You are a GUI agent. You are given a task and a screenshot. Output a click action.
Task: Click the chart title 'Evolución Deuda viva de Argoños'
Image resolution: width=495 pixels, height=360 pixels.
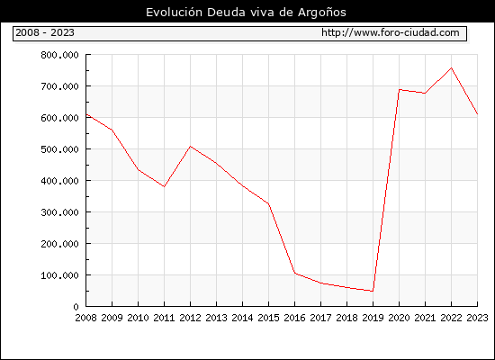246,13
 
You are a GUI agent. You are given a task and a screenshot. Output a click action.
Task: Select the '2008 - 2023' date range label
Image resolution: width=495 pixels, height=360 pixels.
45,32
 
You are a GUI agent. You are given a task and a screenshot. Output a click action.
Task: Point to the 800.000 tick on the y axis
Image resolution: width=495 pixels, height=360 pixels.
59,55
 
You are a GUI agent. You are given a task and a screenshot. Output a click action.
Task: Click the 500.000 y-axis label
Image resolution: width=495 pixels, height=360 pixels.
59,149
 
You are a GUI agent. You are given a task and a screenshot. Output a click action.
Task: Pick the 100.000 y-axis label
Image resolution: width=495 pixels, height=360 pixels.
59,275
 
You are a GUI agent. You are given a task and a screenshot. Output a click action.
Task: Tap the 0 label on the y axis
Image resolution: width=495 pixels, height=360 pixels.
76,307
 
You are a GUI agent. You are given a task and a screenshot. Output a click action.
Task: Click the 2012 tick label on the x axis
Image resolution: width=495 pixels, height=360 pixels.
190,318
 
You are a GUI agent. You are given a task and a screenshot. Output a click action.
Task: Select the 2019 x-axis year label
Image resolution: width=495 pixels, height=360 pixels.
373,318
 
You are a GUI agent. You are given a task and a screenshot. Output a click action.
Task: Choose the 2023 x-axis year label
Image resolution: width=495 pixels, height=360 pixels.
477,318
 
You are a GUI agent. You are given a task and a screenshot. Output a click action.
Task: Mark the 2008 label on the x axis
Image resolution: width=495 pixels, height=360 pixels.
85,318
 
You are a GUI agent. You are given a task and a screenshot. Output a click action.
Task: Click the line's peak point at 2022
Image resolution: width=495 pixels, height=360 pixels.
452,67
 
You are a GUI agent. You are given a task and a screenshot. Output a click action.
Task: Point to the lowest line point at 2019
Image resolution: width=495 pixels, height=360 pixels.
373,292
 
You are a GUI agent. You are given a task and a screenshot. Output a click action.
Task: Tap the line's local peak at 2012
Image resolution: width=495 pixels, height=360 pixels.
191,147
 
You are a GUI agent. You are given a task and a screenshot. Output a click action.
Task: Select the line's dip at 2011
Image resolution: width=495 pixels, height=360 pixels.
164,186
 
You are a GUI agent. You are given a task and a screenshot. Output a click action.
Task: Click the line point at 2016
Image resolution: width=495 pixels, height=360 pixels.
295,274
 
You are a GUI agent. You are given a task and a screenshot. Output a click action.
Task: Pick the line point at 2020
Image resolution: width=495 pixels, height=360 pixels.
400,90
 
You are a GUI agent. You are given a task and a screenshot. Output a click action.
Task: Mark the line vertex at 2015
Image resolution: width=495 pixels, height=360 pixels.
269,203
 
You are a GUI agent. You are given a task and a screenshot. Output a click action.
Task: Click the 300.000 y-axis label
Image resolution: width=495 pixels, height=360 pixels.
59,212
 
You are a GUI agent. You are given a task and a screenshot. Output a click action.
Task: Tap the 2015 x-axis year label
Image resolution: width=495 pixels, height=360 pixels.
269,318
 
